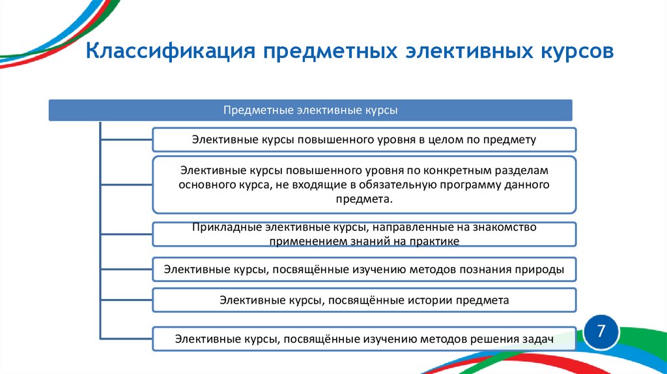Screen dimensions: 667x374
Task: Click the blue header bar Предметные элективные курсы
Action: click(311, 110)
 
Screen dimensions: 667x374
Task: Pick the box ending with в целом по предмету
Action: click(364, 139)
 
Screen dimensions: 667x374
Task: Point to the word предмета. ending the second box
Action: click(364, 199)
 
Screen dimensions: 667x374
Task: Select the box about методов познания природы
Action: click(364, 268)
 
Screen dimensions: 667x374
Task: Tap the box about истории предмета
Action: click(364, 300)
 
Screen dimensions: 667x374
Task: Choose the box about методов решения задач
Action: click(364, 338)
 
